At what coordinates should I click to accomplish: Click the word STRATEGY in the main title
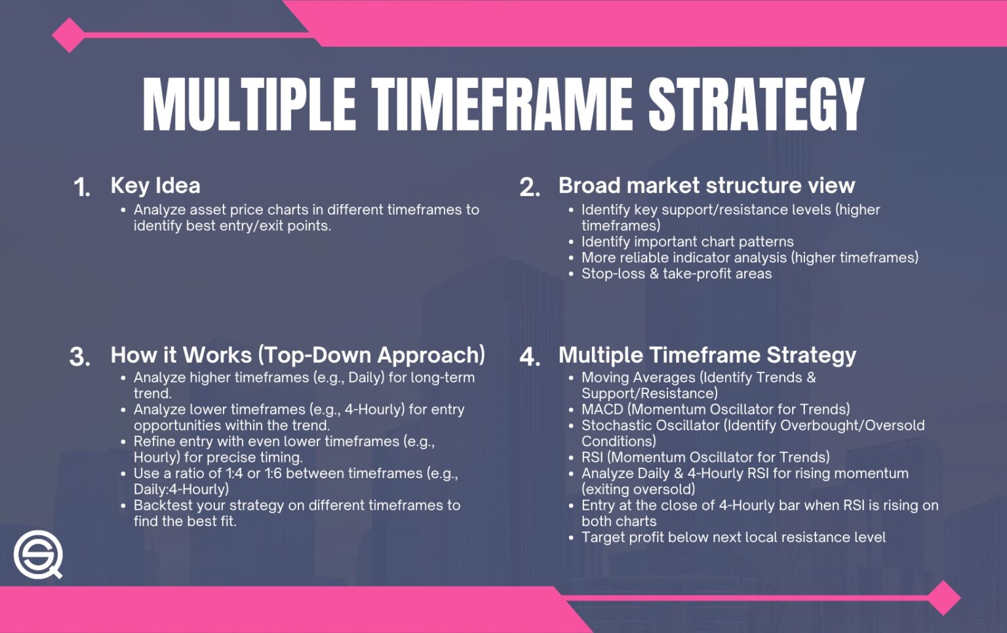(x=756, y=104)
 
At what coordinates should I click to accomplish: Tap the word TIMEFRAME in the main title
(x=503, y=104)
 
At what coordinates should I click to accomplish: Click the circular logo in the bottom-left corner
(x=38, y=554)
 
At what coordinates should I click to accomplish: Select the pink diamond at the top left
(x=68, y=35)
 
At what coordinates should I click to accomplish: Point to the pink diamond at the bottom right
(x=943, y=598)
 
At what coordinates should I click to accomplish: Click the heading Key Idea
(x=155, y=186)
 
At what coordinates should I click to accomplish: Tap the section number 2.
(x=529, y=188)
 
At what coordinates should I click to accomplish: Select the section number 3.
(x=79, y=357)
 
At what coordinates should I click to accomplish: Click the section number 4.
(x=529, y=357)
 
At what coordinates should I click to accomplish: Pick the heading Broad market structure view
(x=706, y=186)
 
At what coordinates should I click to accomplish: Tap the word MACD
(x=602, y=409)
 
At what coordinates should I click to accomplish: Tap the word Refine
(x=155, y=441)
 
